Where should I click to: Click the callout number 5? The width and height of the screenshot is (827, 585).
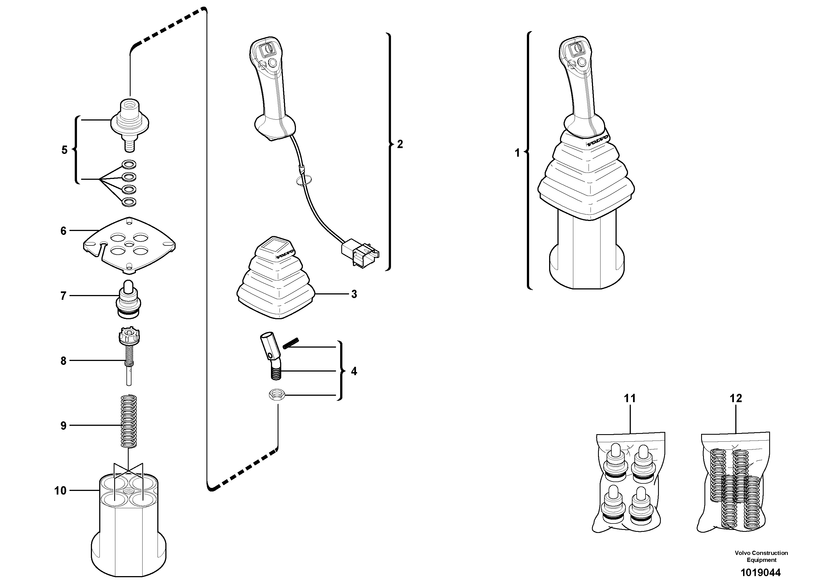pyautogui.click(x=64, y=150)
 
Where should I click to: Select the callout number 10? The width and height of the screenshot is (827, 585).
pyautogui.click(x=60, y=490)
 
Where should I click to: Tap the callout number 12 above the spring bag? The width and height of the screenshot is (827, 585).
pyautogui.click(x=736, y=398)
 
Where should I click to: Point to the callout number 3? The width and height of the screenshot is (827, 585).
pyautogui.click(x=354, y=294)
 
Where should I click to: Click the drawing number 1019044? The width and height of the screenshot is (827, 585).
pyautogui.click(x=760, y=573)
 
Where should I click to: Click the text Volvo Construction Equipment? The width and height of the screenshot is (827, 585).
pyautogui.click(x=761, y=556)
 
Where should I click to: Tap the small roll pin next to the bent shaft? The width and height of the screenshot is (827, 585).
pyautogui.click(x=291, y=343)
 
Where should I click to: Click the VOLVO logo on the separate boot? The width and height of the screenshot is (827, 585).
pyautogui.click(x=285, y=254)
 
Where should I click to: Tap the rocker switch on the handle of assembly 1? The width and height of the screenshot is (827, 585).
pyautogui.click(x=575, y=49)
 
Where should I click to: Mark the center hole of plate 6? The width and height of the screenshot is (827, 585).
pyautogui.click(x=129, y=244)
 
